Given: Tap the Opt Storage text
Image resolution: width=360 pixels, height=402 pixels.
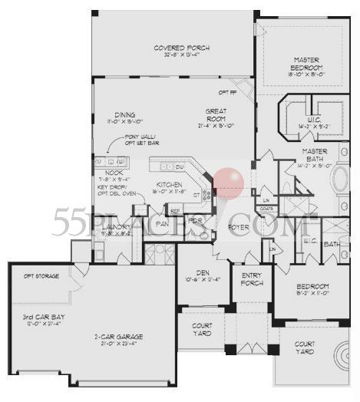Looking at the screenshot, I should (x=38, y=275).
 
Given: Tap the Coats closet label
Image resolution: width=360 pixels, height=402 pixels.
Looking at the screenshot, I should (x=266, y=207).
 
